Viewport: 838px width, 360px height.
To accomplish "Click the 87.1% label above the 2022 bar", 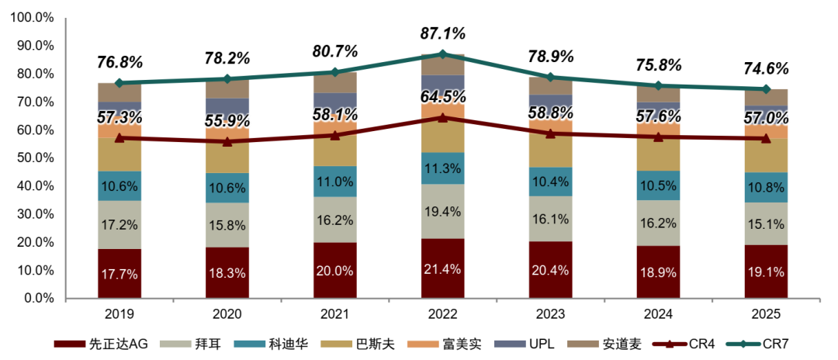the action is point(442,33).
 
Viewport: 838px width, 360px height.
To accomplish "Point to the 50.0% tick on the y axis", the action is point(36,158).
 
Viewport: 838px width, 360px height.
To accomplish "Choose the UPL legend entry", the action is point(524,344).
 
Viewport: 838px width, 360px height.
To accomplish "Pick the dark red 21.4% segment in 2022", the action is point(442,268).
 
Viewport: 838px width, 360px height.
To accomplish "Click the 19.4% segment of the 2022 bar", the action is point(442,212).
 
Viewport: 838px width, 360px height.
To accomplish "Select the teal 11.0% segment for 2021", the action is point(335,182).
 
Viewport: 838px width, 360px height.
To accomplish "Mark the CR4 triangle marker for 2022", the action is point(442,117).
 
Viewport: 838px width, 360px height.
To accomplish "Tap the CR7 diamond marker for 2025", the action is point(766,89).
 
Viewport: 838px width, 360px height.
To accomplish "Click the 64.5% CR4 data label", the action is point(442,97).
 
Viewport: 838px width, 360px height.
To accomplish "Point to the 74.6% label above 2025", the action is point(766,69).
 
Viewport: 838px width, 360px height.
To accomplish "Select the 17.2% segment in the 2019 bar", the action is point(119,225).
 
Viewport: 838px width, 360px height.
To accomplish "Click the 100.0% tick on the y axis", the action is point(33,18).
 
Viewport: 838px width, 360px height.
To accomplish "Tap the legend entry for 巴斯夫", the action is point(362,344).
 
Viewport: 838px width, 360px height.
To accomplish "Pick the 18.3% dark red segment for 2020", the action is point(227,273).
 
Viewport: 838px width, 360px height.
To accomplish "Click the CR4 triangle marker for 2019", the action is point(119,138).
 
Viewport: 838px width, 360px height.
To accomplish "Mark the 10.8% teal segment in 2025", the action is point(766,188).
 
